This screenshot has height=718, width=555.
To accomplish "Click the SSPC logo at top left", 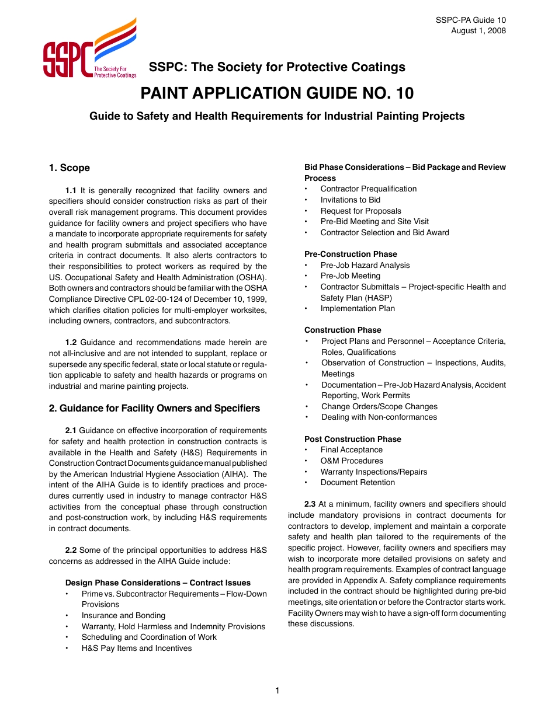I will click(89, 49).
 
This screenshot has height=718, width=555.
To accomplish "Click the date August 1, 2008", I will click(478, 31).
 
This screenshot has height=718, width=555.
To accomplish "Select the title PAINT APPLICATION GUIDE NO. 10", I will click(276, 93).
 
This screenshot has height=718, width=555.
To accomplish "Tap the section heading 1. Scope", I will click(70, 168).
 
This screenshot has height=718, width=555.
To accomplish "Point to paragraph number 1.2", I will click(71, 343).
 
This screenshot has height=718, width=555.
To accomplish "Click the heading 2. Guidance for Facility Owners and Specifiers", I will click(154, 408).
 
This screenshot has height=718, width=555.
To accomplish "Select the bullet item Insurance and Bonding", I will click(123, 615).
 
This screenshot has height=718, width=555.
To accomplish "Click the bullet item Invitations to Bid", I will click(350, 200).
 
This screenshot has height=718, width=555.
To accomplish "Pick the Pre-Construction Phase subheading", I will click(351, 254).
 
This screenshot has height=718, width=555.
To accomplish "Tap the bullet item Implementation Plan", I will click(358, 308).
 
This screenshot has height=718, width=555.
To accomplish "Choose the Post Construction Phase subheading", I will click(353, 439).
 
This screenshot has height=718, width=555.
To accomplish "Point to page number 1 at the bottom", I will click(277, 691).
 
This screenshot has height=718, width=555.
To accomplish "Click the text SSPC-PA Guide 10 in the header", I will click(471, 20).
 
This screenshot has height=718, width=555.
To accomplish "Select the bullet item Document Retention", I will click(358, 482).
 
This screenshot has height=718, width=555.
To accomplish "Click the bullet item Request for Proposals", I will click(360, 211).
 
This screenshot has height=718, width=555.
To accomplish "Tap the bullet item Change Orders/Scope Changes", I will click(379, 406).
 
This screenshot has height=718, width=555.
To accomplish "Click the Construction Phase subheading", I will click(342, 330).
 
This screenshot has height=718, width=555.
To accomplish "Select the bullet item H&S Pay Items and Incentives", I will click(136, 648).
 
